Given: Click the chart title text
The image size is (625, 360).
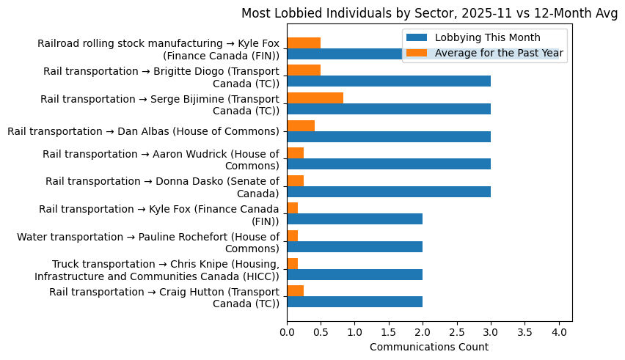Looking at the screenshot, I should point(429,13).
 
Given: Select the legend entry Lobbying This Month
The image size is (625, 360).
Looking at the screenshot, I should point(487,37).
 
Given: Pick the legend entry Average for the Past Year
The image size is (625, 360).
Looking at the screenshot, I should point(499,52).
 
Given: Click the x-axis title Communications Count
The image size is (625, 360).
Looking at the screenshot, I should point(429,347).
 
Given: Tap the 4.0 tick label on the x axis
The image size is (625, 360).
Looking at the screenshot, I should point(559,331).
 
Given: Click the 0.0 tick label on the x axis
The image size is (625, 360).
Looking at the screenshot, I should point(287,331).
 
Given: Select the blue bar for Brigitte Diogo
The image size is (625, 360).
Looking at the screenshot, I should point(389,81).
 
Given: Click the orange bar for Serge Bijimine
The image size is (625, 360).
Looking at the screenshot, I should point(315,98).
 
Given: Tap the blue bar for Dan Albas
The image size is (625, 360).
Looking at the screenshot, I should point(389,136).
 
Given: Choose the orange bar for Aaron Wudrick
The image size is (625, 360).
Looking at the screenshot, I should point(295,153).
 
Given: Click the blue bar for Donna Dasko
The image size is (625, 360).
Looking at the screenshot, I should point(389,192).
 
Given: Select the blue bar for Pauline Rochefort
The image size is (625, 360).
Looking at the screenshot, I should point(354,247).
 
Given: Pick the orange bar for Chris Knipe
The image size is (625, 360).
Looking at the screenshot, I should point(292,263).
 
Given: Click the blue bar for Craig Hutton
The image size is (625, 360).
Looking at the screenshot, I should point(354,302).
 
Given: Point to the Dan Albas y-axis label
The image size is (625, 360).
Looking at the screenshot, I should point(143,131).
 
